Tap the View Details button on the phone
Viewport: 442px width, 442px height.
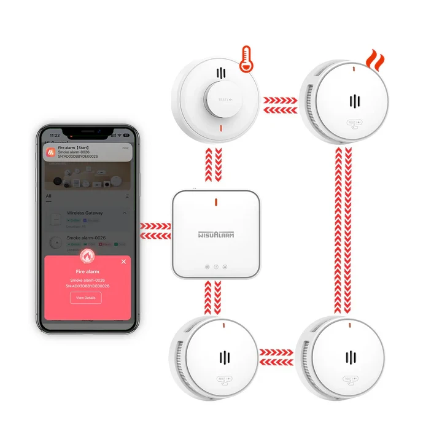pyautogui.click(x=85, y=298)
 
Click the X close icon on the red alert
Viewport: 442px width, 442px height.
pyautogui.click(x=123, y=262)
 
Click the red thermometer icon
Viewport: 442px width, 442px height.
pyautogui.click(x=247, y=58)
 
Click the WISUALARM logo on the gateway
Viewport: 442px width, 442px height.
pyautogui.click(x=215, y=234)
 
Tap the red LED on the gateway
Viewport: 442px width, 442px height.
pyautogui.click(x=215, y=202)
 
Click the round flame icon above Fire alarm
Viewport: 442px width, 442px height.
pyautogui.click(x=87, y=256)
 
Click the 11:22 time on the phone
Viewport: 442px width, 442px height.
pyautogui.click(x=55, y=135)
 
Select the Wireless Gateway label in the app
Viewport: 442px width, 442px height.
pyautogui.click(x=85, y=213)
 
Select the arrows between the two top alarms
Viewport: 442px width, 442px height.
pyautogui.click(x=279, y=105)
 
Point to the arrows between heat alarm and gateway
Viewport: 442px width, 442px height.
pyautogui.click(x=215, y=166)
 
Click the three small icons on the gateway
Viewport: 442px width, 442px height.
pyautogui.click(x=215, y=266)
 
